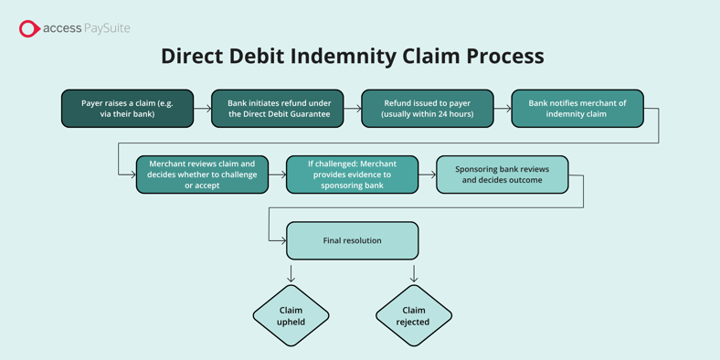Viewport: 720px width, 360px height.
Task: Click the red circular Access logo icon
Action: pos(29,29)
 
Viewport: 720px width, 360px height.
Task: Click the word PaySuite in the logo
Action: pos(107,28)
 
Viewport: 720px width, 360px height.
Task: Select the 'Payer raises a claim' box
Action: pos(127,109)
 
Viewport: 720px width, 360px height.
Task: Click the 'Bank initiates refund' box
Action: pos(278,109)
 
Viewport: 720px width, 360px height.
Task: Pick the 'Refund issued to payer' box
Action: pos(427,109)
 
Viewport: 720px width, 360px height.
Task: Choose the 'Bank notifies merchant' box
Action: pos(577,109)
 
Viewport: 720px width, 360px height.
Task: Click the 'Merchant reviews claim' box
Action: pos(202,175)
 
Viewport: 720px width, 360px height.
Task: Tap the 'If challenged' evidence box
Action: pos(352,175)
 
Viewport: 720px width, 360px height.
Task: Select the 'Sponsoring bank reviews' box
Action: pos(502,175)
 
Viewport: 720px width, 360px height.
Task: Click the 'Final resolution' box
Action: pos(352,240)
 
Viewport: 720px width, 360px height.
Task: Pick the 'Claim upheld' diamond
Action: pos(291,316)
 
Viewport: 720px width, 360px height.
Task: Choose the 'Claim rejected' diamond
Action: pos(413,316)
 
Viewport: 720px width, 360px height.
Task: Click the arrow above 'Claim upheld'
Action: pos(291,273)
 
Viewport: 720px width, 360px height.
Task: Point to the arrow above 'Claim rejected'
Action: pos(413,273)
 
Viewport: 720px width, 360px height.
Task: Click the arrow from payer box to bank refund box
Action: pos(203,109)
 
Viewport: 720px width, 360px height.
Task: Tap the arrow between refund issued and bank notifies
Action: pos(503,109)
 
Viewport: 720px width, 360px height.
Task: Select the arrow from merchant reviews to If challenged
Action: pos(278,175)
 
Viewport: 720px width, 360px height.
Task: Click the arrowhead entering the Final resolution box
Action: pos(282,240)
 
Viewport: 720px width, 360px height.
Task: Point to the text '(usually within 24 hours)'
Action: pos(427,114)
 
